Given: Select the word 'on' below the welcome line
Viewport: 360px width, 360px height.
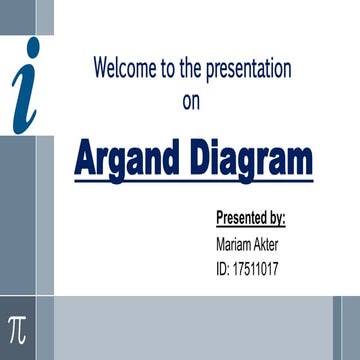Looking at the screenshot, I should (192, 100).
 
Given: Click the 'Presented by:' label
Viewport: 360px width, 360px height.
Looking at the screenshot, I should (251, 217).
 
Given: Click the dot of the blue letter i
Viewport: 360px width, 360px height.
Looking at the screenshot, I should (34, 46).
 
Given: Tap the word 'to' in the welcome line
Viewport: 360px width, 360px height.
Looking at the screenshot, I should (167, 69).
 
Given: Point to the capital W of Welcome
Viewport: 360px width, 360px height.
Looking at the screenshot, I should (102, 69).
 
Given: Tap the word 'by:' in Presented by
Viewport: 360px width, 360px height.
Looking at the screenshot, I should (276, 218).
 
